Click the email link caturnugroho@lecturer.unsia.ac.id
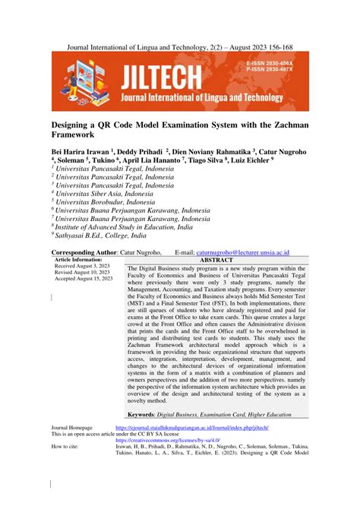click(x=252, y=251)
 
